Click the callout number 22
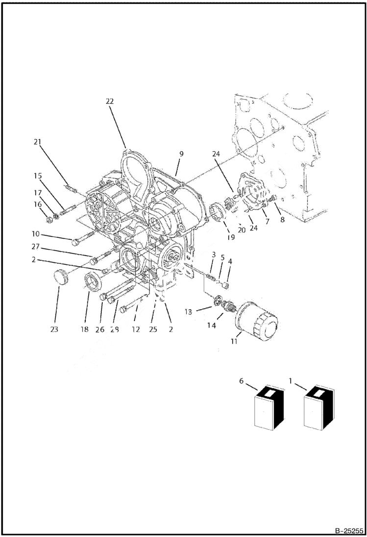pos(109,101)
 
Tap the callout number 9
pos(181,154)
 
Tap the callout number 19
pos(231,237)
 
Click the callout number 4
pos(230,261)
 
